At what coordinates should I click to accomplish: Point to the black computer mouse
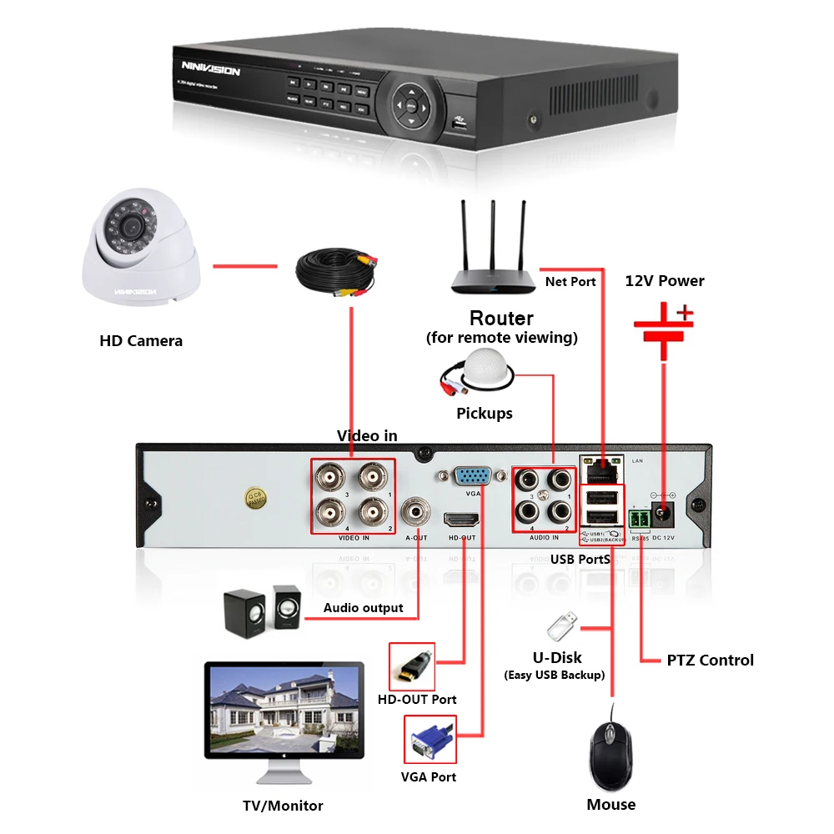612,756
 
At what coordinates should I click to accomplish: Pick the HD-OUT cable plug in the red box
414,665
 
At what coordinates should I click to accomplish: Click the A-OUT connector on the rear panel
415,509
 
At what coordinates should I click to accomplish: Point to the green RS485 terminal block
641,520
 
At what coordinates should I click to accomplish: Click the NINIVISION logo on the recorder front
211,70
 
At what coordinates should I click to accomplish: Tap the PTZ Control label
710,661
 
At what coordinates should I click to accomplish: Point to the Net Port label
570,282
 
